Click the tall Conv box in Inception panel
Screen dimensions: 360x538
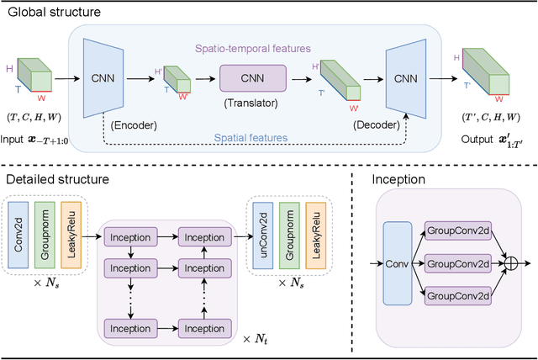coord(398,263)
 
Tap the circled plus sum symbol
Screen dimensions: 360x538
coord(509,263)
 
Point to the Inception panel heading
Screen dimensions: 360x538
coord(398,180)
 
